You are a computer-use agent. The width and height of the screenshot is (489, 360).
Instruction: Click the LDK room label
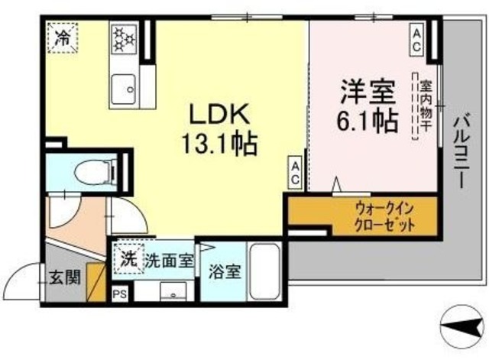coord(219,114)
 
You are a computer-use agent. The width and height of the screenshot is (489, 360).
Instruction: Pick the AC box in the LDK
coord(294,174)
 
